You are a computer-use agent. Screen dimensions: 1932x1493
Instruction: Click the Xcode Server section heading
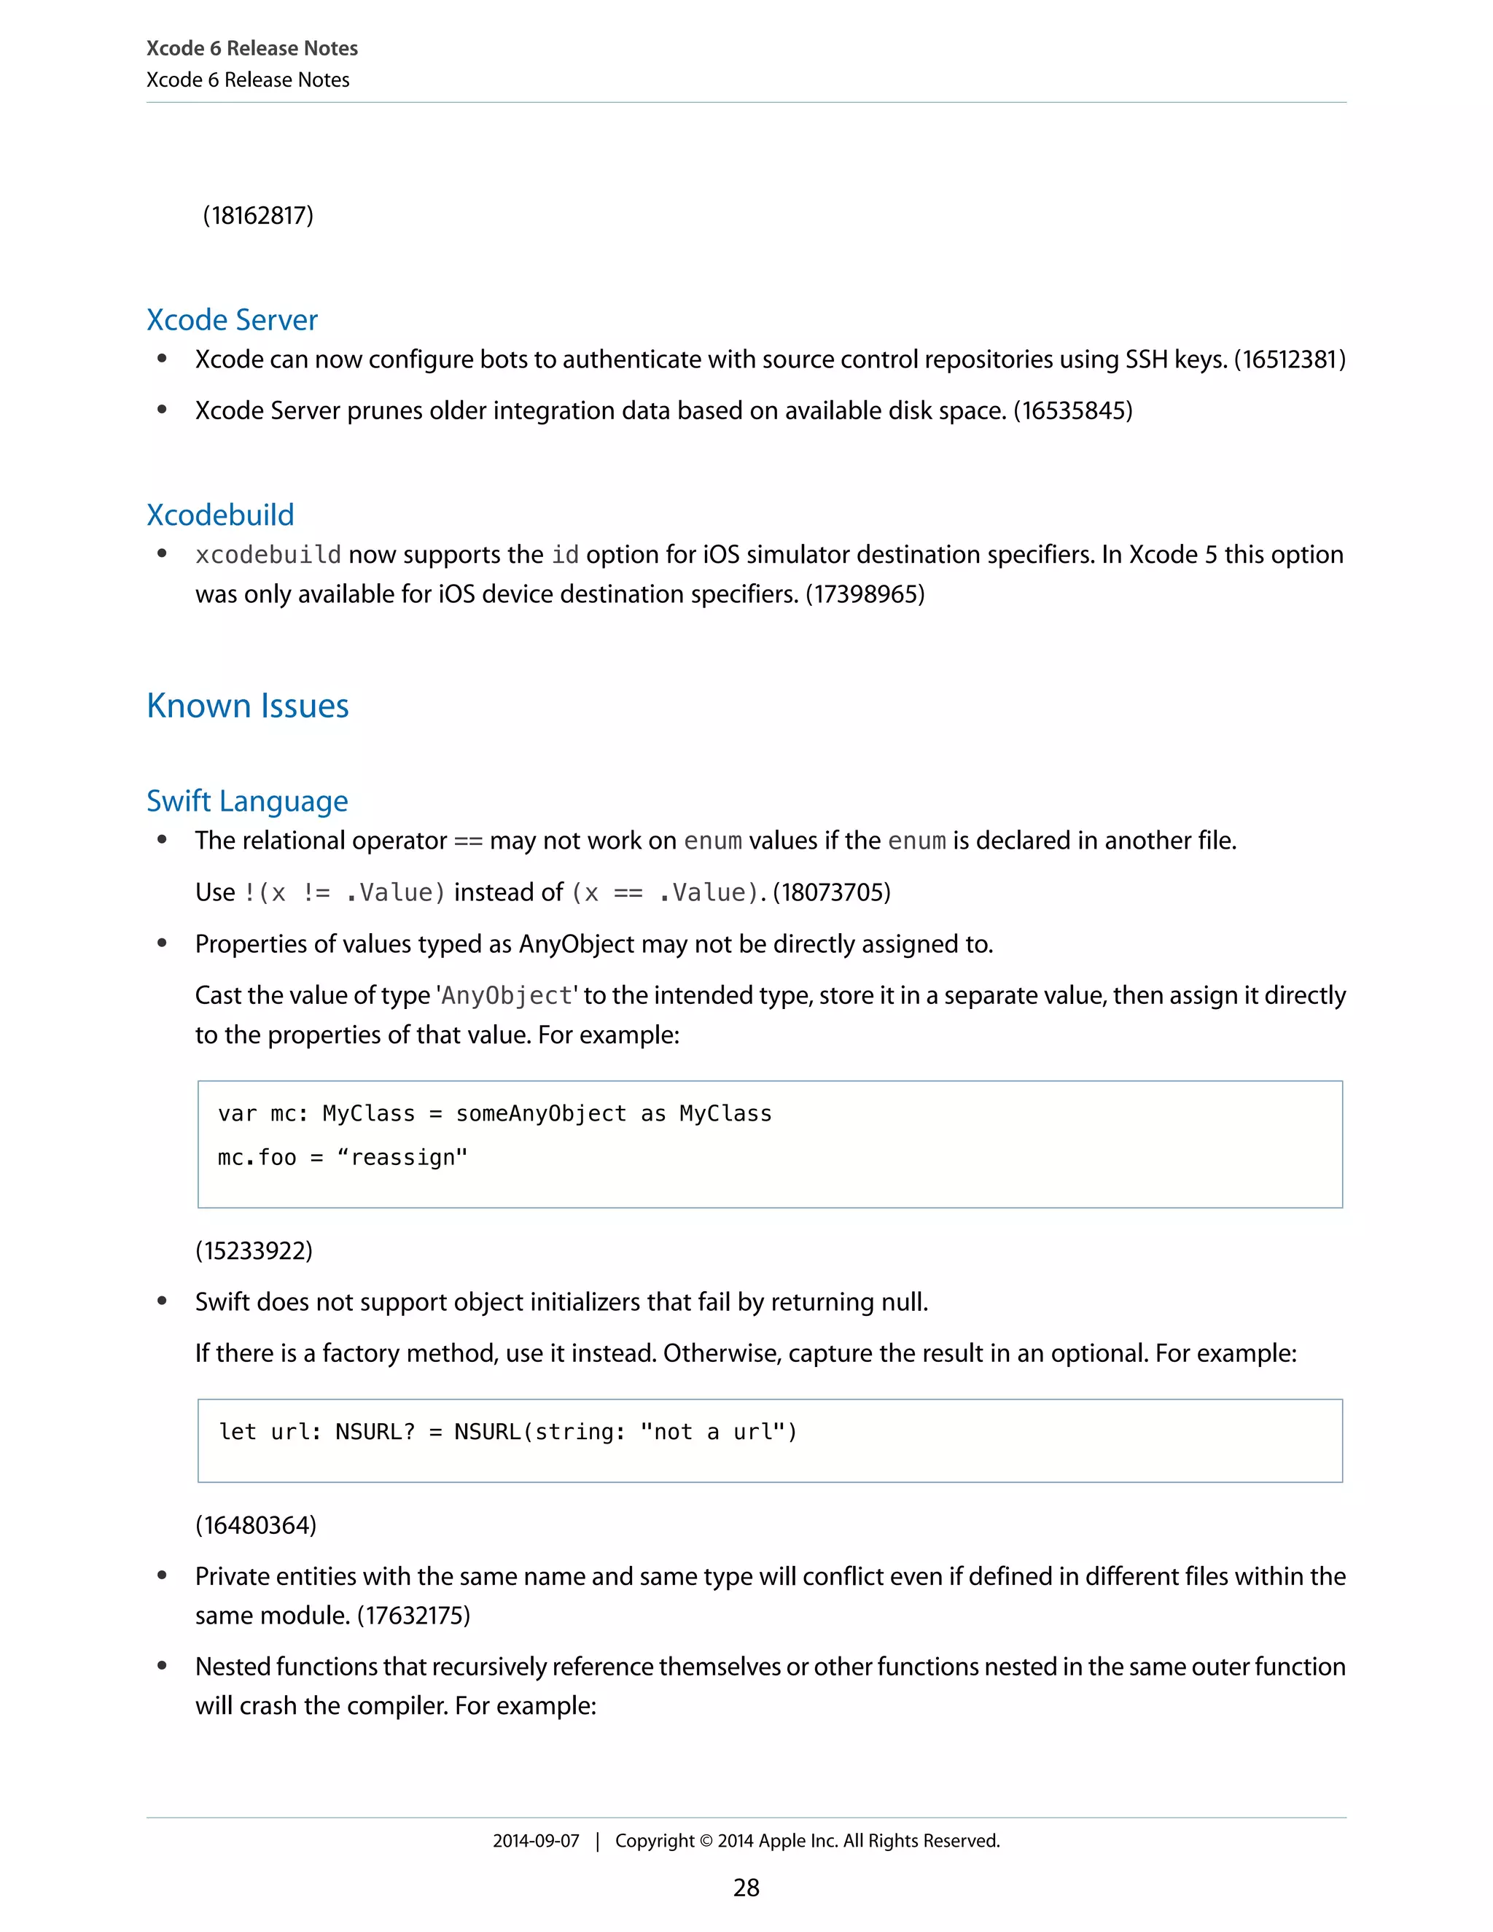point(232,320)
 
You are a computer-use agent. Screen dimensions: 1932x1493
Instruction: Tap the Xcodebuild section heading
point(220,515)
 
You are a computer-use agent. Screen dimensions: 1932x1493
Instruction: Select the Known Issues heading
point(248,706)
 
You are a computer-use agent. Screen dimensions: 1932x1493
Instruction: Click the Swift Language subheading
point(247,801)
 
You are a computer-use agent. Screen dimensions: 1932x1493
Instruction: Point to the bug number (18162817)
point(258,216)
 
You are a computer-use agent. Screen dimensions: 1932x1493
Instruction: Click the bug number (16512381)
point(1290,360)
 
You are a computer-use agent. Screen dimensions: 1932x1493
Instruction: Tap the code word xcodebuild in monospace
point(268,556)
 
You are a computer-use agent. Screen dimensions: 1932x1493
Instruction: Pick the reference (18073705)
point(831,892)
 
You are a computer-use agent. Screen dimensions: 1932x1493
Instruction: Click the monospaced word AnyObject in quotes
point(507,996)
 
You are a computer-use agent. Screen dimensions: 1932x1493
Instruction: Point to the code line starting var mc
point(494,1114)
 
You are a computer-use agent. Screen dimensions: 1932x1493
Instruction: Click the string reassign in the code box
point(402,1158)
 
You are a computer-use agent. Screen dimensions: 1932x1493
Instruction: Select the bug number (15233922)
point(254,1251)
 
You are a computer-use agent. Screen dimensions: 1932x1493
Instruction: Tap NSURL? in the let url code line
point(375,1432)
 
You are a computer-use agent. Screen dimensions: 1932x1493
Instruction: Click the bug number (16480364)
point(256,1525)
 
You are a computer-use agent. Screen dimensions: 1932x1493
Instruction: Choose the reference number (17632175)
point(413,1616)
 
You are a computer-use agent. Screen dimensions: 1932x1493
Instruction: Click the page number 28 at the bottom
point(746,1888)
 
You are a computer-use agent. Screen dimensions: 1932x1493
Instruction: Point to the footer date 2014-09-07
point(535,1841)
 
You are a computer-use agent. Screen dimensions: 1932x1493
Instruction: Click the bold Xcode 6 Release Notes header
point(252,49)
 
